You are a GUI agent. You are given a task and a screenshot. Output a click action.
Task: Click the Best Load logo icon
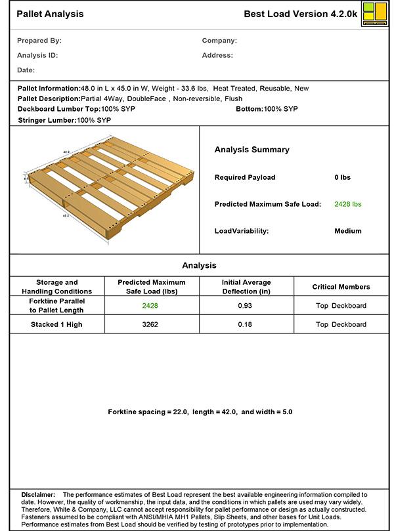point(374,14)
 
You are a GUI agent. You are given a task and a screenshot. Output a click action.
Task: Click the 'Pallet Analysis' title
point(50,14)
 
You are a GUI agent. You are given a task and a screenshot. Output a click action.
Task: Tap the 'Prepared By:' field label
point(39,41)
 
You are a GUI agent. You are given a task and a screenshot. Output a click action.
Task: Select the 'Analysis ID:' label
point(37,55)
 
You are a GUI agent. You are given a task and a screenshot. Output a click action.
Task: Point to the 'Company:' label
point(219,41)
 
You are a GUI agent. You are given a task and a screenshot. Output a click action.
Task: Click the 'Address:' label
point(217,55)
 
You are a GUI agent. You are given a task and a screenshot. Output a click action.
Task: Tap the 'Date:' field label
point(26,70)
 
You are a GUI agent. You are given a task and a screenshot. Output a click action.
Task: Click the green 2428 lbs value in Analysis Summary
point(348,204)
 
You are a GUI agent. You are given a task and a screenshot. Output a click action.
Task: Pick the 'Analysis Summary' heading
point(252,150)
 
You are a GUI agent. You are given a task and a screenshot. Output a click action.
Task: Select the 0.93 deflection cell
point(246,305)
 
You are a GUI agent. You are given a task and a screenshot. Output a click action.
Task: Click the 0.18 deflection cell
point(246,324)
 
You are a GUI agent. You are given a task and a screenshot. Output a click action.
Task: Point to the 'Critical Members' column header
point(341,287)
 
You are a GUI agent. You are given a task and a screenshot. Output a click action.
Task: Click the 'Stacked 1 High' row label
point(56,324)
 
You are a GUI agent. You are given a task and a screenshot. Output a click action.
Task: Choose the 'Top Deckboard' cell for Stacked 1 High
point(341,324)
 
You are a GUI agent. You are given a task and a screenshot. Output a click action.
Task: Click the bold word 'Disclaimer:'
point(38,494)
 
